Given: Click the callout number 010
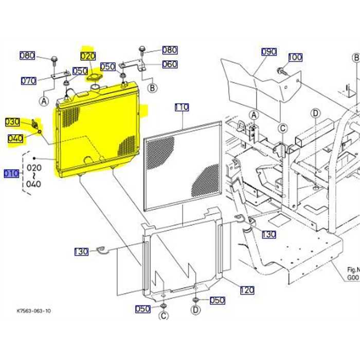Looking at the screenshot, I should (11, 173).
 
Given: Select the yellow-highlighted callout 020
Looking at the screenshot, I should (88, 56).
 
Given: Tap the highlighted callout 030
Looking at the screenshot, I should (13, 122).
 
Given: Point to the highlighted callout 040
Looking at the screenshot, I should (15, 138).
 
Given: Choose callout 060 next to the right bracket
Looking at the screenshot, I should (170, 64).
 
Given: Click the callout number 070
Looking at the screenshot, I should (28, 81).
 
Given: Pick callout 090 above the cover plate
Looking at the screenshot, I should (268, 52).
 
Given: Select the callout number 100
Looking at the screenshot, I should (295, 57).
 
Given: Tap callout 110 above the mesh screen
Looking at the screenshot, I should (182, 107).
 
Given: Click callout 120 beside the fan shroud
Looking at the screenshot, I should (247, 291).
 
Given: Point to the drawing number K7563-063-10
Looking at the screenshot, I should (34, 311).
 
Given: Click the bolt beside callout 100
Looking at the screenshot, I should (281, 70).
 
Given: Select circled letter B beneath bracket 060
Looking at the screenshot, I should (152, 88).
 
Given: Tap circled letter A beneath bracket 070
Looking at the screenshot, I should (44, 101).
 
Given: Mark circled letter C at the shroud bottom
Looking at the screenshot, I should (163, 315).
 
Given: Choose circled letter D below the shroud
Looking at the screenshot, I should (196, 310).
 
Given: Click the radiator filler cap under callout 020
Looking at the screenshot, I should (94, 78).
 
